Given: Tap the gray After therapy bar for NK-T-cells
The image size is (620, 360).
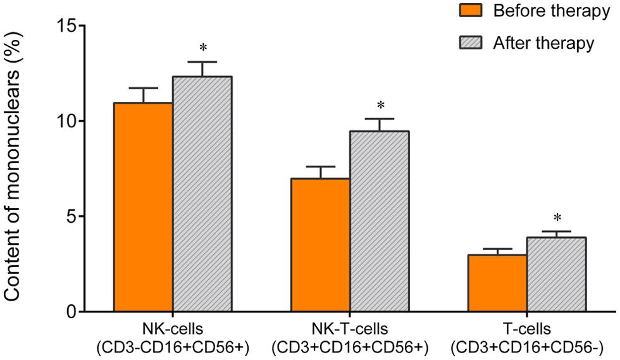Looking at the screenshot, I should coord(380,221).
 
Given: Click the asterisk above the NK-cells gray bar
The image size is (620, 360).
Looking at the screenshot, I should coord(202,48).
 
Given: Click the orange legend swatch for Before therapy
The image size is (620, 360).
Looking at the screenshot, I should coord(470,11).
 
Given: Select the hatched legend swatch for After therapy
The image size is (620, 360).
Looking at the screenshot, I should coord(470,43).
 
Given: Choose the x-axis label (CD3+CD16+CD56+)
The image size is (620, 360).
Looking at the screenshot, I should coord(350,347).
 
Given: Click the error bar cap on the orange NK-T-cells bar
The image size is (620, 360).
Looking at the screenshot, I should coord(320,166).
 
